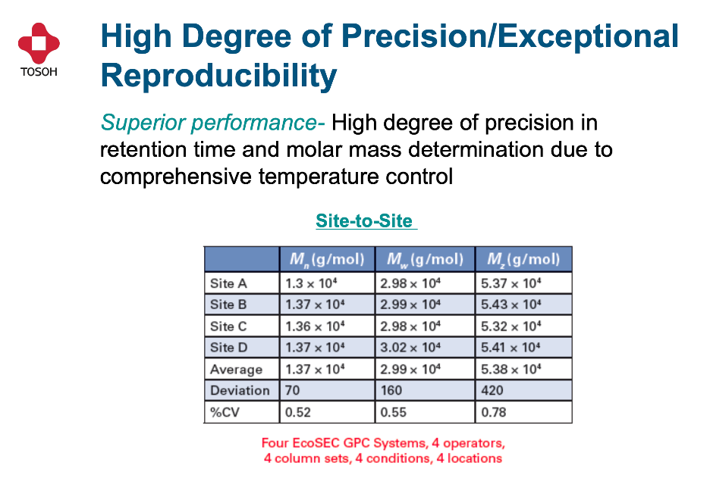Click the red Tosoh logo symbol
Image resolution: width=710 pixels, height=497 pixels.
pyautogui.click(x=39, y=43)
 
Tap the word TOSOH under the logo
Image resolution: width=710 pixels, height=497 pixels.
pyautogui.click(x=39, y=72)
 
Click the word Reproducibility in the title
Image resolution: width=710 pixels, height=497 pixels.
pyautogui.click(x=218, y=76)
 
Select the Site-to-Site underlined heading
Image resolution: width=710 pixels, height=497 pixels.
pyautogui.click(x=365, y=221)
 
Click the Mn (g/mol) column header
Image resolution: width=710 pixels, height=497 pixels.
pyautogui.click(x=328, y=260)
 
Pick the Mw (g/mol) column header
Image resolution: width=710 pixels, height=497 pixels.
pyautogui.click(x=426, y=260)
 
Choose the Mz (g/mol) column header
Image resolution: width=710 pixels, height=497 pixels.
pyautogui.click(x=523, y=260)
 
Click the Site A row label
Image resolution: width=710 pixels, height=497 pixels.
pyautogui.click(x=228, y=283)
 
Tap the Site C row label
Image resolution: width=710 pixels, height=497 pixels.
pyautogui.click(x=228, y=326)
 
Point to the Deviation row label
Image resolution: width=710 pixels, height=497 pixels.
pyautogui.click(x=240, y=390)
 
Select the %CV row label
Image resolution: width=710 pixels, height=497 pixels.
pyautogui.click(x=225, y=412)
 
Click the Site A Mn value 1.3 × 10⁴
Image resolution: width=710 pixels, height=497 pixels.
pyautogui.click(x=311, y=283)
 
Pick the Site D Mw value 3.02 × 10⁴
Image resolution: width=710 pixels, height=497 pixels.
pyautogui.click(x=410, y=347)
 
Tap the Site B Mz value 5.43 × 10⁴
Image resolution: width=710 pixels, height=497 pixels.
pyautogui.click(x=511, y=305)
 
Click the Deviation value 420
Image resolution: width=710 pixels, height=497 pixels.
pyautogui.click(x=492, y=390)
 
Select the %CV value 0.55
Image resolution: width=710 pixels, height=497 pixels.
pyautogui.click(x=393, y=412)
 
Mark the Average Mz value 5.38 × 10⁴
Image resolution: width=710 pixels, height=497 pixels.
pyautogui.click(x=511, y=369)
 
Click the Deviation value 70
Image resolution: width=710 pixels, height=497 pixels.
pyautogui.click(x=293, y=390)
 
